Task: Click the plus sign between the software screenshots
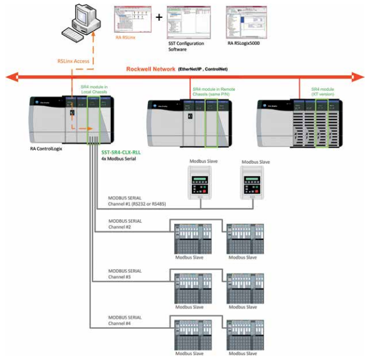tap(159, 18)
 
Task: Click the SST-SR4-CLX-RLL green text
tap(125, 152)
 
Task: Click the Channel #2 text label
tap(120, 227)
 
